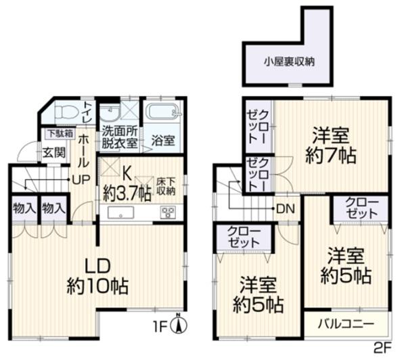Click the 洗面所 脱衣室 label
[120, 137]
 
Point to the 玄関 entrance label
[54, 152]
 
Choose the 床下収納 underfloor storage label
[166, 186]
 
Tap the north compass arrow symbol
[179, 325]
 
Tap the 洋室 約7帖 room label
[330, 144]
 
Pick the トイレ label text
[89, 112]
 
